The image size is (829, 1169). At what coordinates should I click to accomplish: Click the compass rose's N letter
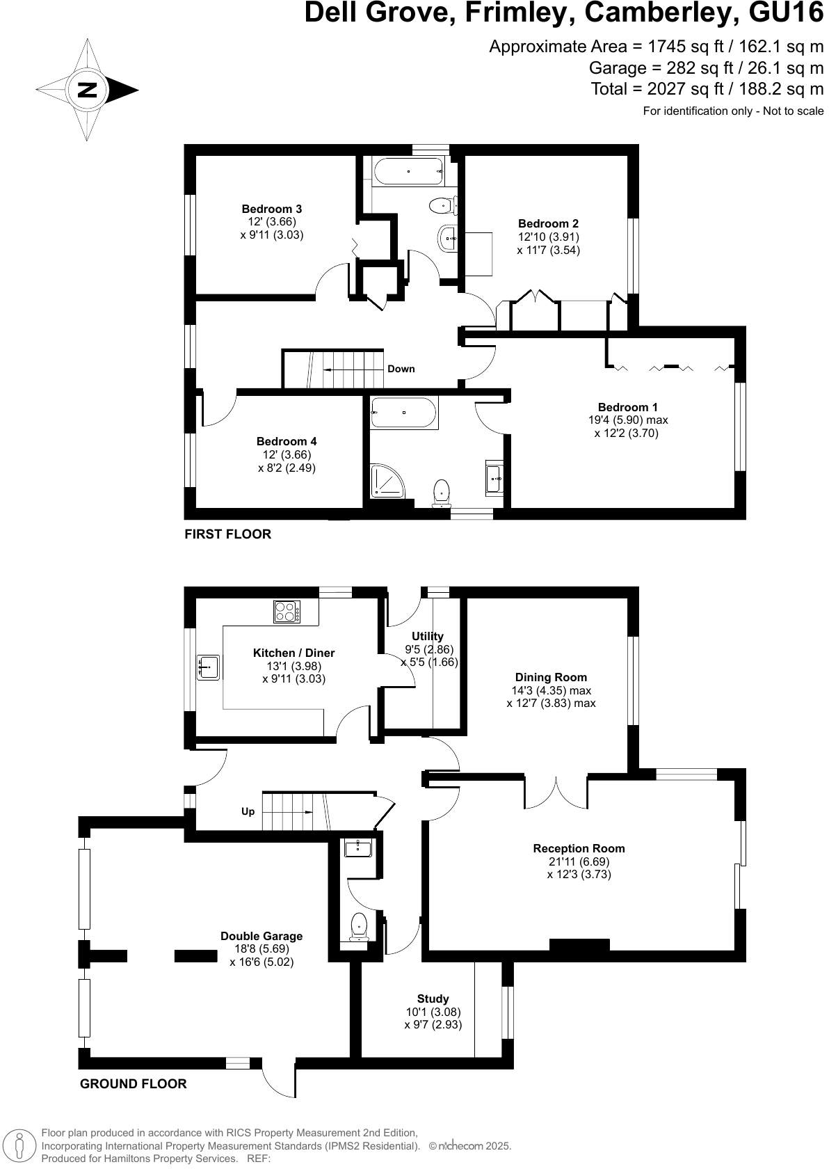click(87, 90)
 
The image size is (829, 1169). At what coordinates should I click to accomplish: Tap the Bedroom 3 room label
click(271, 209)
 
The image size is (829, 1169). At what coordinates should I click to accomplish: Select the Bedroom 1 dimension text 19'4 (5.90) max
click(627, 420)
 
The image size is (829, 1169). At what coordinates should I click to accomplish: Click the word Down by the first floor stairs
click(401, 369)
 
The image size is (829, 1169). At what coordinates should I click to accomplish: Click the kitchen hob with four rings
click(287, 612)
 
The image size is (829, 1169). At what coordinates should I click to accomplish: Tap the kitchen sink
click(208, 667)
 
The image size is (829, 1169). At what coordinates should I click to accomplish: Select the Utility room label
click(427, 636)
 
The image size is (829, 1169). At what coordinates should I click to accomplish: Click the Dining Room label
click(551, 677)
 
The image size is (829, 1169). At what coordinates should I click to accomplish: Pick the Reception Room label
click(579, 848)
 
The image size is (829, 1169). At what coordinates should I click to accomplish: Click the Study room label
click(433, 999)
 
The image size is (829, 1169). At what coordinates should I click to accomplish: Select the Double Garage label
click(261, 936)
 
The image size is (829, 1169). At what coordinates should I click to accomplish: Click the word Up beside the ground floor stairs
click(248, 811)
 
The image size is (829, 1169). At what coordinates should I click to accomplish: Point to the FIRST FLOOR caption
click(227, 534)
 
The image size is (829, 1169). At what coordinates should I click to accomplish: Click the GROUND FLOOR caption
click(133, 1083)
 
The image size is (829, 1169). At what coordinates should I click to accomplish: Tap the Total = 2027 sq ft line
click(707, 89)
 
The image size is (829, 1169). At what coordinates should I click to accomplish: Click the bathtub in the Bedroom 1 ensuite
click(403, 413)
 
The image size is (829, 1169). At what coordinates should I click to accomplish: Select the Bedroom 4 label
click(287, 441)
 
